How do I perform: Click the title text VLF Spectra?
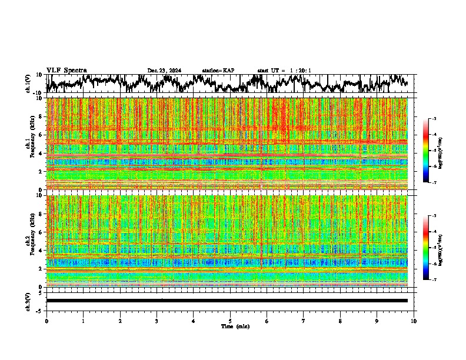pyautogui.click(x=66, y=71)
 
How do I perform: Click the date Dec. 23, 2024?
pyautogui.click(x=164, y=71)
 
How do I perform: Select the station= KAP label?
pyautogui.click(x=218, y=71)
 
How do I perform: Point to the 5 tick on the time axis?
pyautogui.click(x=230, y=321)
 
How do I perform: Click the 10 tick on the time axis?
pyautogui.click(x=414, y=321)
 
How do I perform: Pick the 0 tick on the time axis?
pyautogui.click(x=46, y=321)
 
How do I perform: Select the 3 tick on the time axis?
pyautogui.click(x=157, y=321)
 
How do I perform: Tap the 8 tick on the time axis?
pyautogui.click(x=340, y=321)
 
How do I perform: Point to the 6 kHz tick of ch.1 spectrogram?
pyautogui.click(x=40, y=135)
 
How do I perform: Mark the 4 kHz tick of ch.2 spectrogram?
pyautogui.click(x=40, y=250)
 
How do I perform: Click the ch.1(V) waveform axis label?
pyautogui.click(x=28, y=84)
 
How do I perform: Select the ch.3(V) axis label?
pyautogui.click(x=28, y=300)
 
